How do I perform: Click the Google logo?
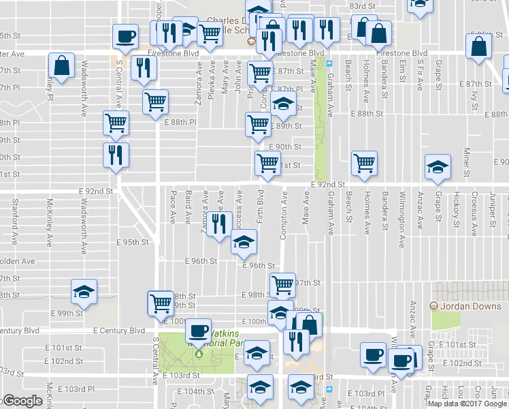22,401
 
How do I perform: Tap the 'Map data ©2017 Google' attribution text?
467,404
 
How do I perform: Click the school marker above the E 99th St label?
85,292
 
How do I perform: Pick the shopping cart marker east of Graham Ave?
365,164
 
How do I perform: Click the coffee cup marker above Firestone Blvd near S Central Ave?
126,36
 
